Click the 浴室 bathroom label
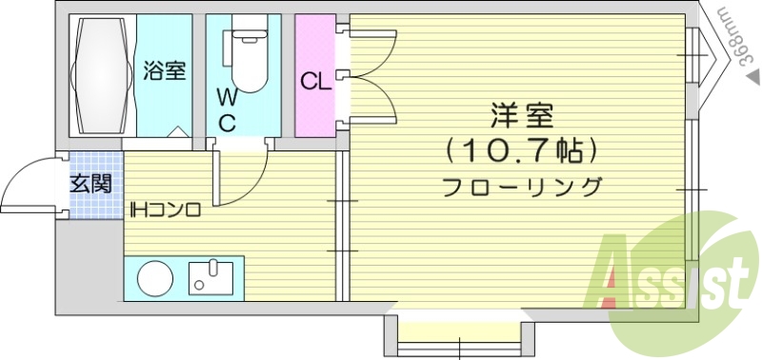(165, 70)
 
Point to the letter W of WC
(226, 96)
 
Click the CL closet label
(315, 81)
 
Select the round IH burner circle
(156, 279)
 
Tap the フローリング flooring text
(523, 186)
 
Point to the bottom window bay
(458, 333)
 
